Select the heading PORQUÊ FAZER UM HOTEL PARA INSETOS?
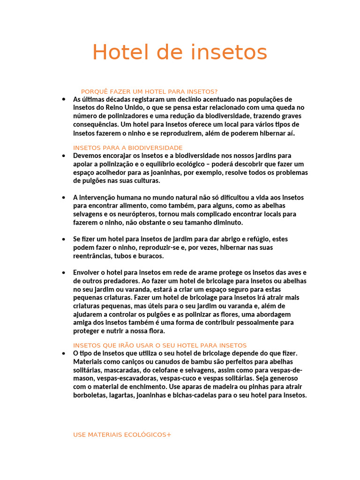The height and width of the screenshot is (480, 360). [149, 91]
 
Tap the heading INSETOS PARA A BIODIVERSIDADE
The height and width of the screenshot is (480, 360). [127, 148]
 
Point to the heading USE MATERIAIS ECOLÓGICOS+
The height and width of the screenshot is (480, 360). [122, 435]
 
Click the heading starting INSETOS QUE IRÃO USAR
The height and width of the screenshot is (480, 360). [160, 345]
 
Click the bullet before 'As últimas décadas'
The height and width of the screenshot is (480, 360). [63, 99]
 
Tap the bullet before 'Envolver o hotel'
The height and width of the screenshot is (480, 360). [63, 272]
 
